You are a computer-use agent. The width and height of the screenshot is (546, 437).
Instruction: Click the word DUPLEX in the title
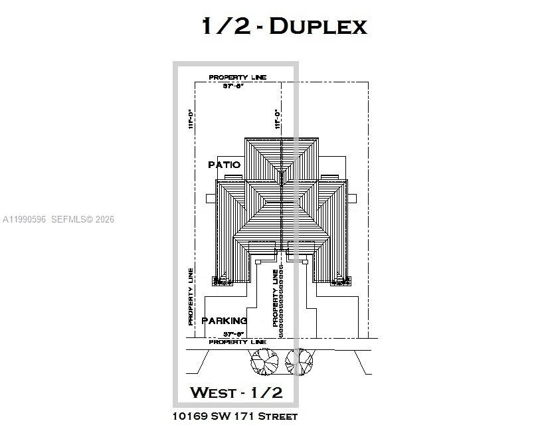(318, 27)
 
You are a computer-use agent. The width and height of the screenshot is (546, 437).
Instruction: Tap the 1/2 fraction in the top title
(226, 27)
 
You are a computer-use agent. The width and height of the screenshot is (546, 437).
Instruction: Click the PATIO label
(224, 165)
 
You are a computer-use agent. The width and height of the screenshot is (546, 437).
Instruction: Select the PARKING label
(224, 321)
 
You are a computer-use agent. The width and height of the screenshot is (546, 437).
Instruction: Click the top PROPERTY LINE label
(237, 78)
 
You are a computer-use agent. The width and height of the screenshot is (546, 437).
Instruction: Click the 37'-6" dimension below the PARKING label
(234, 334)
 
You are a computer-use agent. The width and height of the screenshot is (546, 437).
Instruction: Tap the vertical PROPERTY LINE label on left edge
(191, 296)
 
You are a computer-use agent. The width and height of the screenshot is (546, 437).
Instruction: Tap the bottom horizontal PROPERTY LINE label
(237, 342)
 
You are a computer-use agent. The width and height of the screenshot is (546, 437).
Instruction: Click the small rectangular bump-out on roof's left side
(211, 198)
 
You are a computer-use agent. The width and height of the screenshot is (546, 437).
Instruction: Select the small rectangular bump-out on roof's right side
(354, 198)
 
